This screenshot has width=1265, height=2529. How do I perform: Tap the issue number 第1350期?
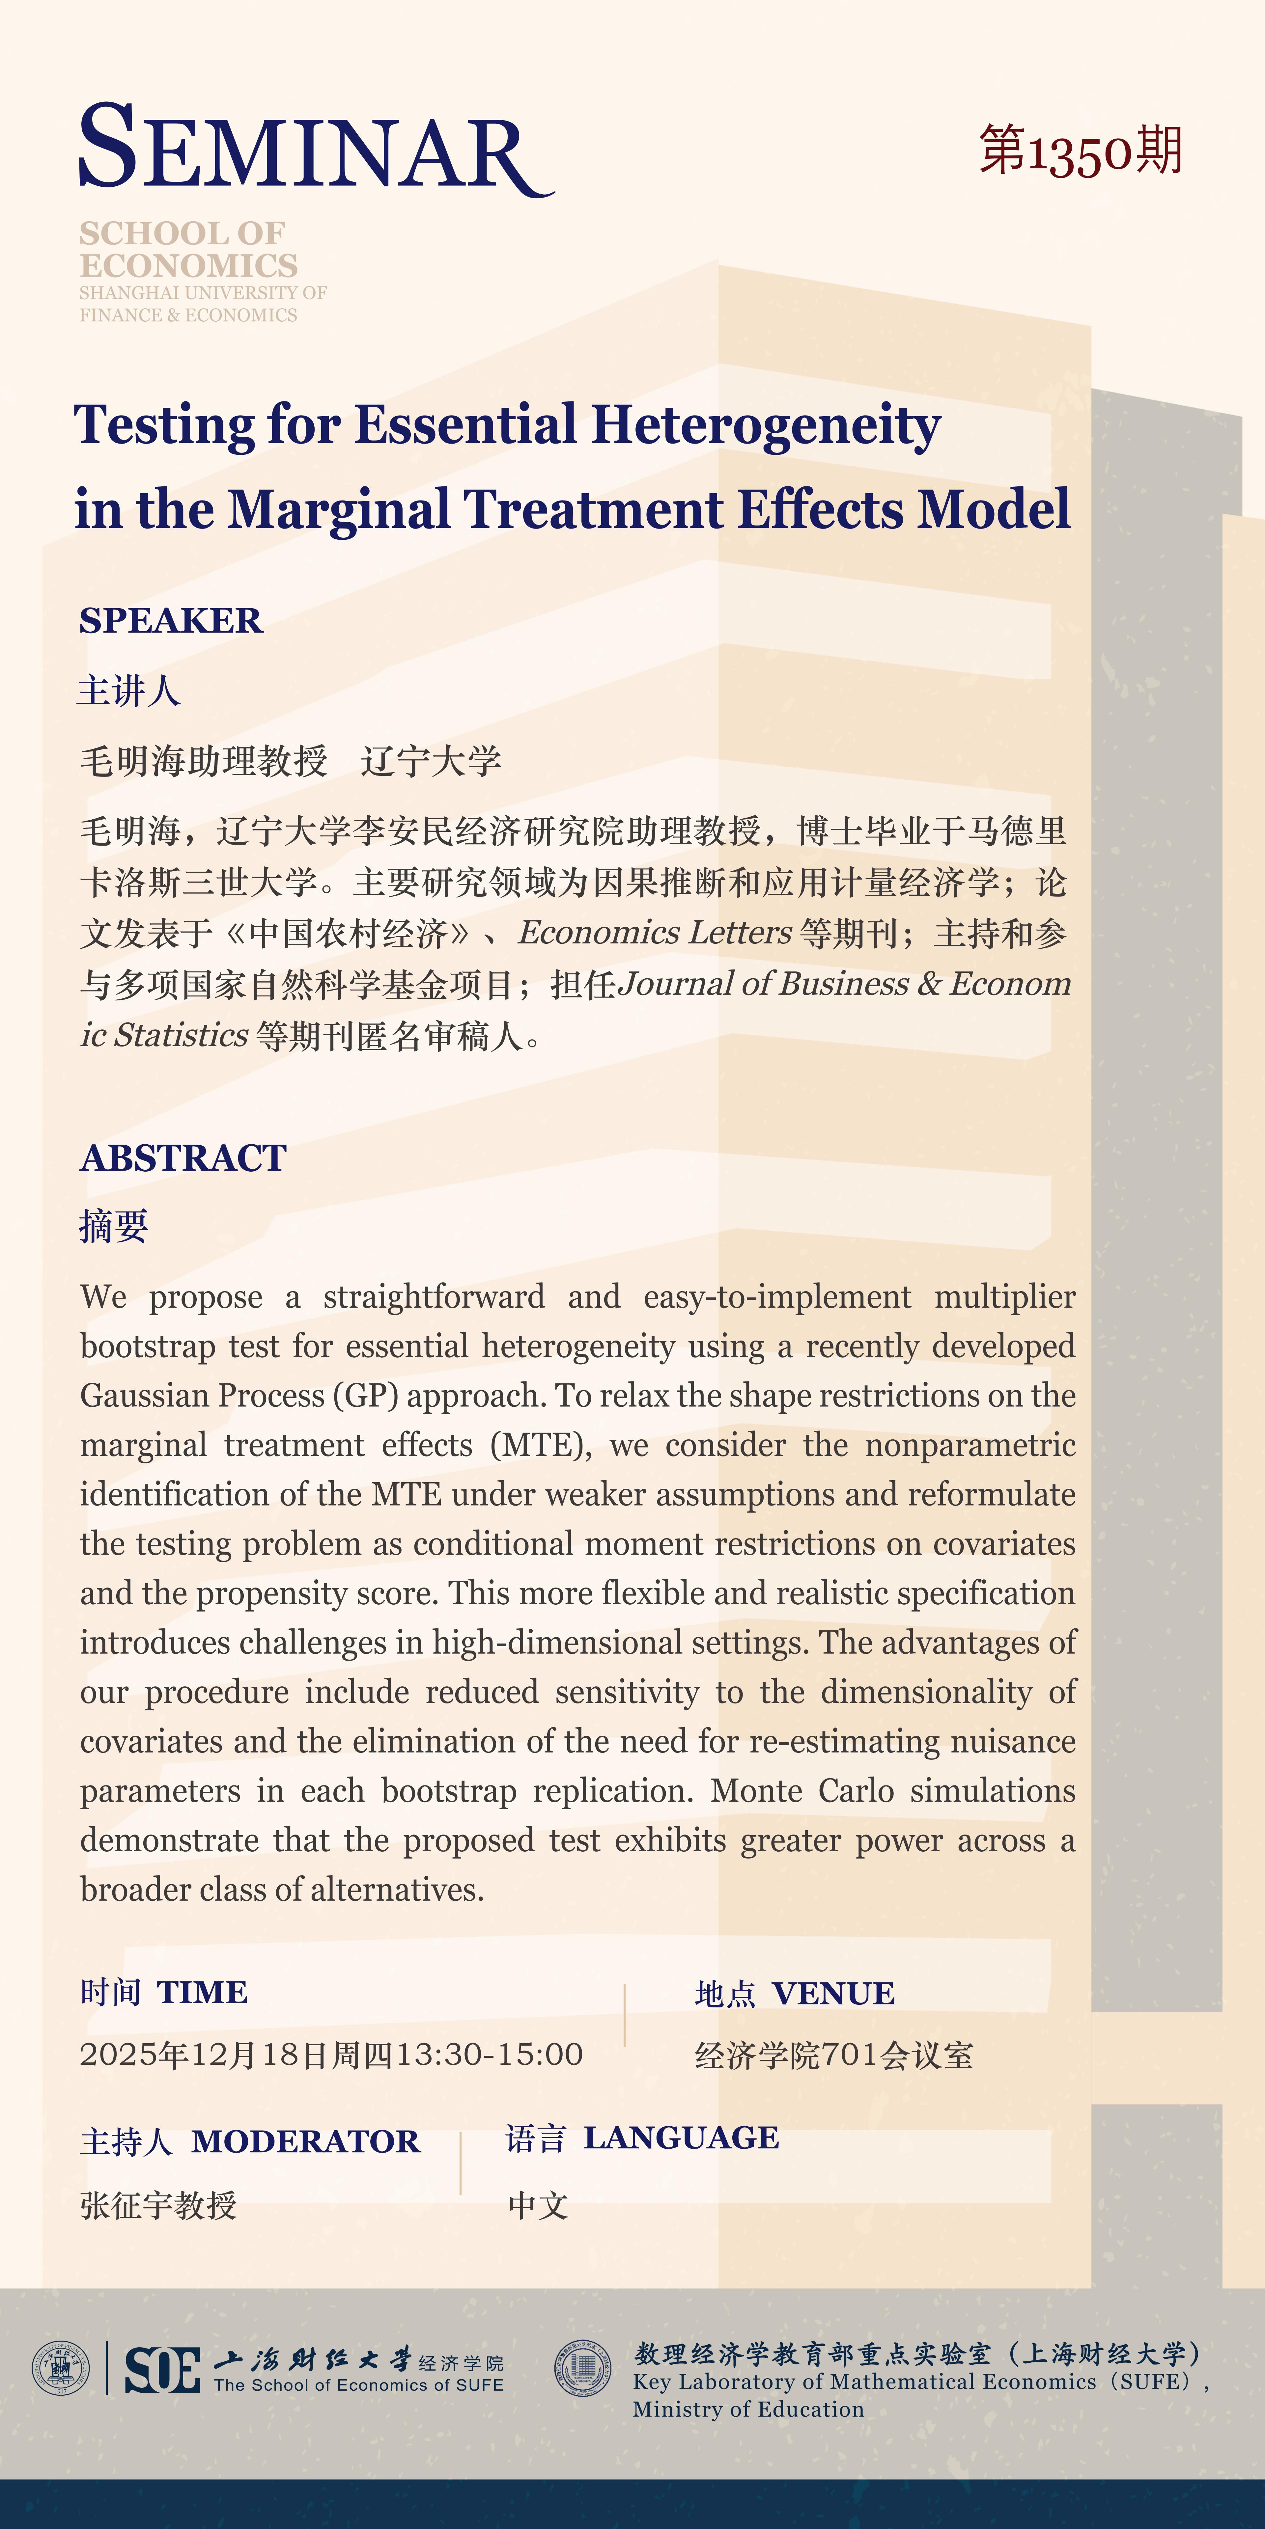pyautogui.click(x=1081, y=152)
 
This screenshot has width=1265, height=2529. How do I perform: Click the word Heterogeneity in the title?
pyautogui.click(x=766, y=426)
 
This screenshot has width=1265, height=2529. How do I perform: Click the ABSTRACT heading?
pyautogui.click(x=184, y=1158)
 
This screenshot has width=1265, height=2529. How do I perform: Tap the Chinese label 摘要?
pyautogui.click(x=114, y=1226)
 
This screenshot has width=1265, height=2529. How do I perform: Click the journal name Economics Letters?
pyautogui.click(x=655, y=933)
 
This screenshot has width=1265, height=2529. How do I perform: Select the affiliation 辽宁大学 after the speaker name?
pyautogui.click(x=431, y=761)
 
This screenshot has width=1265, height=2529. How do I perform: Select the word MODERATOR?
pyautogui.click(x=305, y=2141)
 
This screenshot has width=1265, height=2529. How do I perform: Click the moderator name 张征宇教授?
pyautogui.click(x=158, y=2206)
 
